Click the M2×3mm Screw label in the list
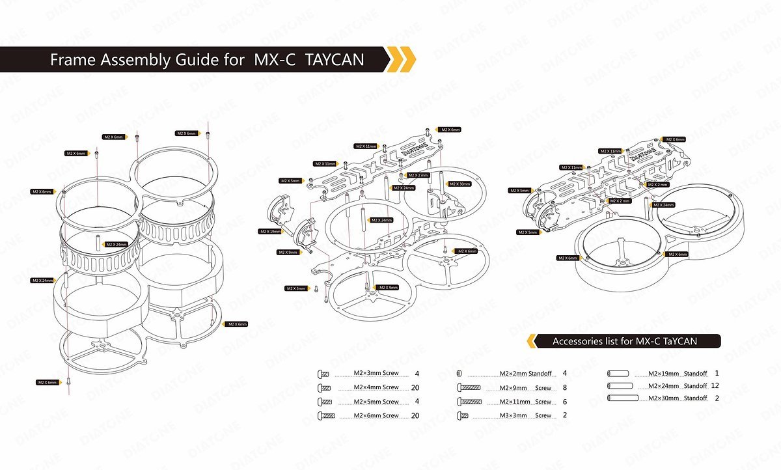[x=376, y=374]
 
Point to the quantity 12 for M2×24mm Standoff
[x=715, y=386]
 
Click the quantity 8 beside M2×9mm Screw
[x=564, y=387]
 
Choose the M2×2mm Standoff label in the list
[x=525, y=374]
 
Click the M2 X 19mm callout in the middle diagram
[x=271, y=232]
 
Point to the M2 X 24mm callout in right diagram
[x=663, y=205]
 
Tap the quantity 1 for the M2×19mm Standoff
[x=716, y=373]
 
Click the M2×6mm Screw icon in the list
[x=325, y=415]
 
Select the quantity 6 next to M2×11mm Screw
[x=564, y=402]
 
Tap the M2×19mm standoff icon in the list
[x=618, y=374]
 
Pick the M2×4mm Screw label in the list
[x=376, y=387]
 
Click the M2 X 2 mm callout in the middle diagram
[x=418, y=176]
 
